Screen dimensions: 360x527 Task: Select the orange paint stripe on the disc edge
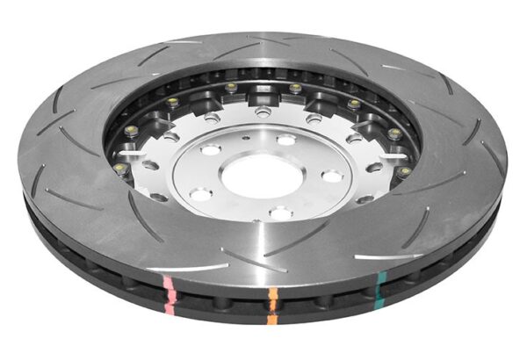[273, 299]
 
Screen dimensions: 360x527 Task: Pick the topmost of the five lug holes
[285, 140]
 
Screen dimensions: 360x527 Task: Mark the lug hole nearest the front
[279, 212]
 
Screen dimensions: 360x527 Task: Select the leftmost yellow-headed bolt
[117, 166]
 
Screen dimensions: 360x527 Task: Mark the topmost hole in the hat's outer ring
[262, 112]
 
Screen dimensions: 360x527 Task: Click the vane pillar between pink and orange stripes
[220, 303]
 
